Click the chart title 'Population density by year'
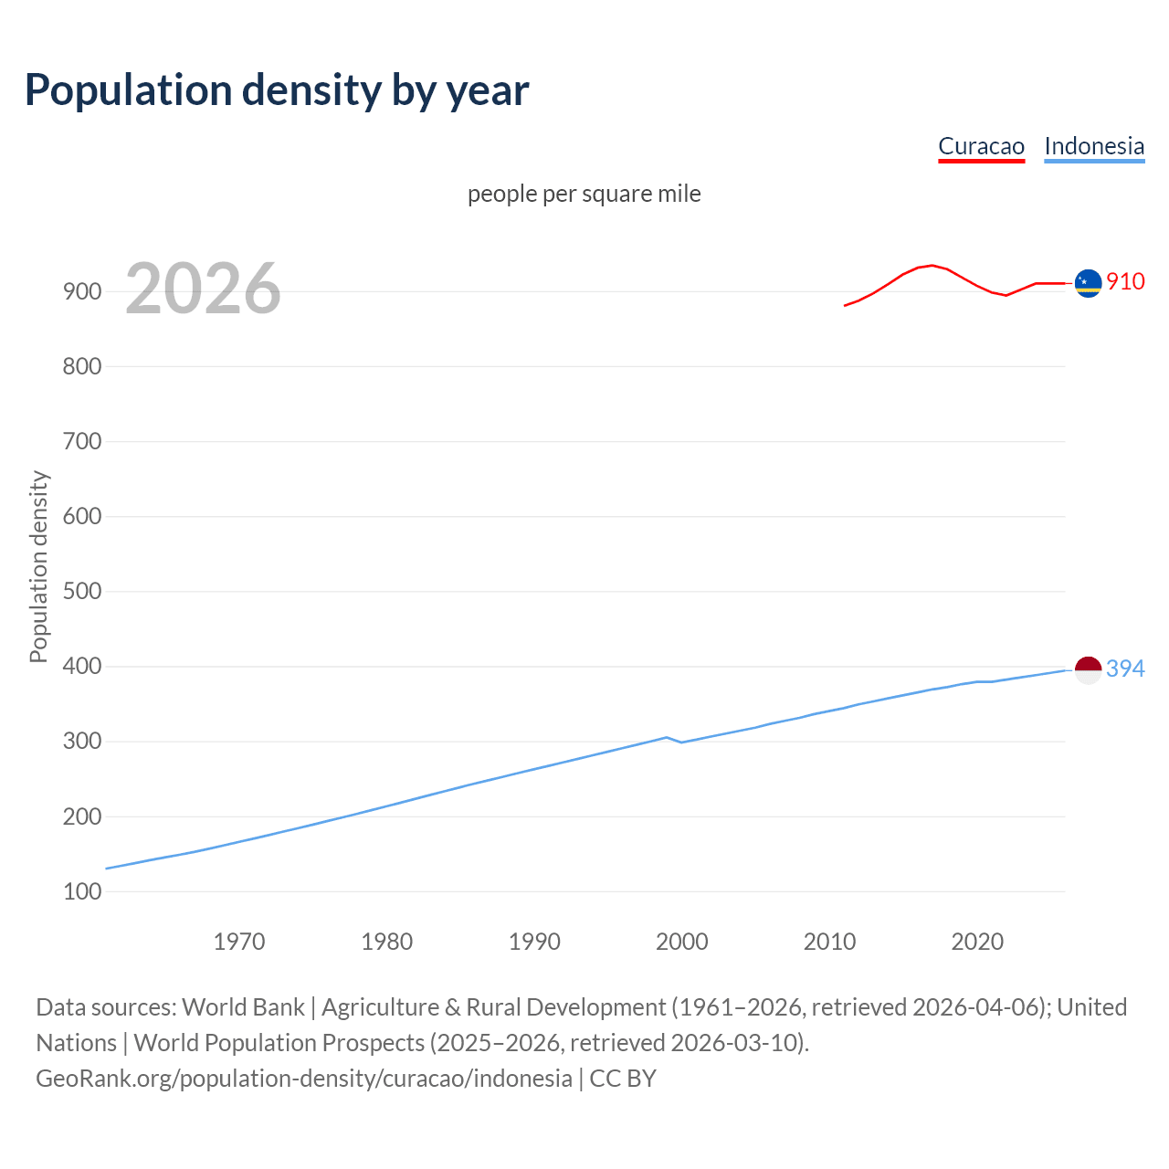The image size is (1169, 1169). tap(277, 90)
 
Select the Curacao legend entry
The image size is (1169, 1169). tap(981, 146)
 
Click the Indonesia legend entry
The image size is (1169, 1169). tap(1093, 146)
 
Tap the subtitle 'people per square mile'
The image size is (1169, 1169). tap(584, 194)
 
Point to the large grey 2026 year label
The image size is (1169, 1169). tap(203, 289)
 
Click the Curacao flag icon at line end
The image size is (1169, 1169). tap(1088, 283)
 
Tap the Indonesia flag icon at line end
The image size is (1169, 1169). tap(1088, 669)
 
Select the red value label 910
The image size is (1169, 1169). tap(1125, 282)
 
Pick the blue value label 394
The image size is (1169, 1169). tap(1125, 669)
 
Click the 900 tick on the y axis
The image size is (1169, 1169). tap(82, 292)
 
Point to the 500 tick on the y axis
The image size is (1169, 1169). tap(82, 592)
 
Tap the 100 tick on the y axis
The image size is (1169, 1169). tap(82, 891)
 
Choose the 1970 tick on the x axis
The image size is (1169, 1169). tap(239, 942)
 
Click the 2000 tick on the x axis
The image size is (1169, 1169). tap(682, 942)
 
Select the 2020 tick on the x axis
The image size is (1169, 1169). tap(977, 942)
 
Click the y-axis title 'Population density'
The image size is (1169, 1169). tap(38, 566)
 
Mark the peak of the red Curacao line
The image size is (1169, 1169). tap(932, 265)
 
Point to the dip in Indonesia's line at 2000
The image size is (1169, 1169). tap(681, 742)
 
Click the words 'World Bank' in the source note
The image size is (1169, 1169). tap(243, 1007)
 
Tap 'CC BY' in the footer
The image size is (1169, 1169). tap(623, 1079)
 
